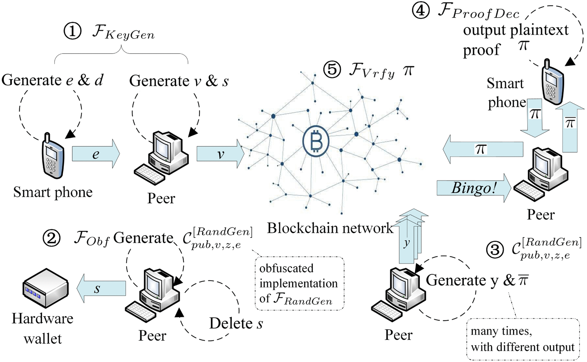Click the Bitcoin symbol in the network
316,141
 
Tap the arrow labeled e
96,154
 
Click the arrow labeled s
101,288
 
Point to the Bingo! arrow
473,188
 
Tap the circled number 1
72,31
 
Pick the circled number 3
495,249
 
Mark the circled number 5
332,70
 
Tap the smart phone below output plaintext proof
552,82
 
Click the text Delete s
236,323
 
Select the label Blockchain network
330,228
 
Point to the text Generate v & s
179,81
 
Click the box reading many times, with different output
523,339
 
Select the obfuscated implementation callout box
299,283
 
